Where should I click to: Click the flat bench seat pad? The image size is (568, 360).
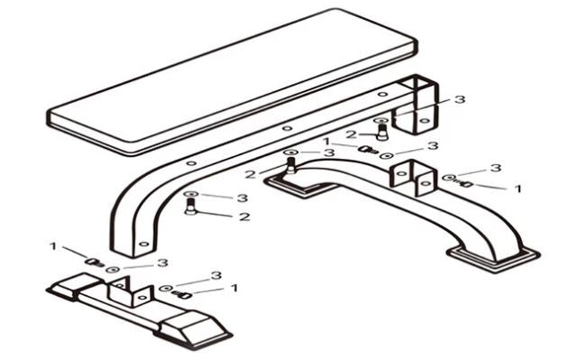click(x=232, y=81)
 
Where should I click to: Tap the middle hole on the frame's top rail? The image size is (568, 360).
click(x=288, y=128)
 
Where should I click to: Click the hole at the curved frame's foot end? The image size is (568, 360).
click(x=144, y=244)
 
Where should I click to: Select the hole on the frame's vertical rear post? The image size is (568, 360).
click(x=425, y=121)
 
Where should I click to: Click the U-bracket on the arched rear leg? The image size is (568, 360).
click(x=413, y=178)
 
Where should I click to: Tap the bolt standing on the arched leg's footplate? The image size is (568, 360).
click(x=291, y=165)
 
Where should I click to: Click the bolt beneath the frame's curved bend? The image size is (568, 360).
click(x=190, y=207)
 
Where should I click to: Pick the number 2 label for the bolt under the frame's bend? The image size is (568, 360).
click(x=244, y=217)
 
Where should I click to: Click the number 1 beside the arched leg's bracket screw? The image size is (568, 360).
click(x=518, y=189)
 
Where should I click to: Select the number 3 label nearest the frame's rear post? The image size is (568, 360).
click(x=459, y=99)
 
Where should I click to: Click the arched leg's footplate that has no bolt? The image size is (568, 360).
click(x=494, y=259)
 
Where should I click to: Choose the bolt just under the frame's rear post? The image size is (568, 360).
click(x=381, y=133)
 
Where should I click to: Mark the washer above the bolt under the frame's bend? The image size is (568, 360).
click(x=190, y=194)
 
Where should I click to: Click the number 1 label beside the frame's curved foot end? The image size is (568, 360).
click(x=53, y=246)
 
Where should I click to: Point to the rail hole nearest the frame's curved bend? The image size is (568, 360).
click(x=192, y=163)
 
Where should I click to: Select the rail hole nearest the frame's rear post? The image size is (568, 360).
click(x=382, y=95)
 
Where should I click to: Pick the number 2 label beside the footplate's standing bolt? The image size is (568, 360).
click(x=251, y=174)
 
